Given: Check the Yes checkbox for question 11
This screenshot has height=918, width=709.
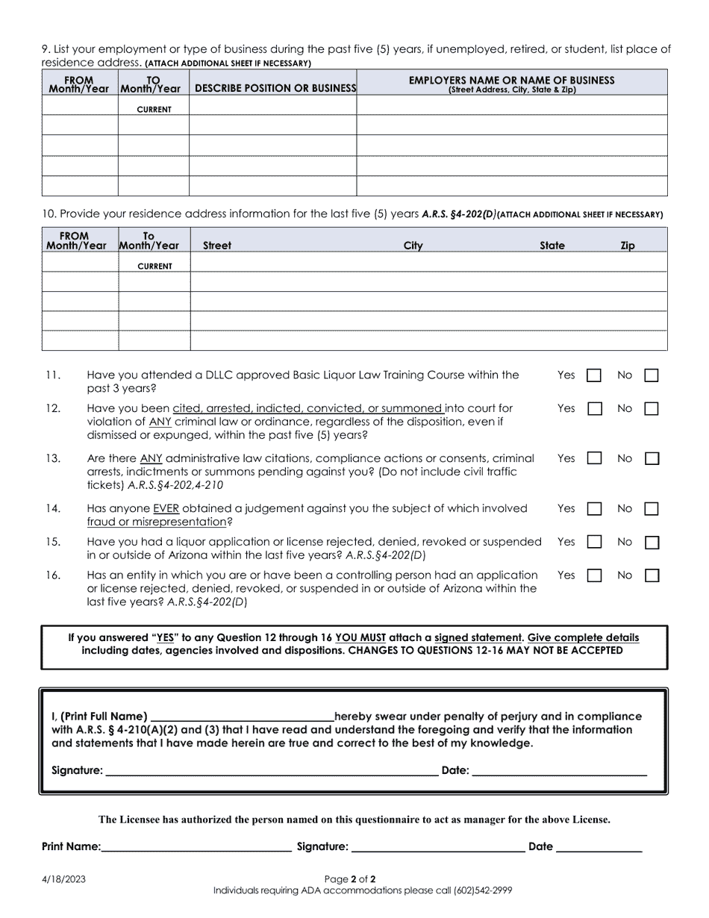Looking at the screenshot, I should [x=594, y=376].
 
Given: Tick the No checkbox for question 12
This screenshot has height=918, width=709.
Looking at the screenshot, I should [x=652, y=409].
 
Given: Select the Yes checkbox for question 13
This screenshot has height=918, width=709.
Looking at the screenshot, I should [x=594, y=459].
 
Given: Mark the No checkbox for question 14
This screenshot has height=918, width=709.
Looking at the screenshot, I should [x=652, y=509].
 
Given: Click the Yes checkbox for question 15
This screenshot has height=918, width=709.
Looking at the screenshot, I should [x=594, y=543].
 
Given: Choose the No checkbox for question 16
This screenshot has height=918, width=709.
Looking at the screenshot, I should [x=652, y=576].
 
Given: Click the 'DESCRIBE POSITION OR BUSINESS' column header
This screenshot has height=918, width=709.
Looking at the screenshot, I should [x=273, y=88].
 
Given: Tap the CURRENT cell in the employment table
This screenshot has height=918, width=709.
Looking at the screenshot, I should [x=154, y=110].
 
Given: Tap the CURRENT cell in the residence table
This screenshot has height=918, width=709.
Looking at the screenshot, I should [x=154, y=266].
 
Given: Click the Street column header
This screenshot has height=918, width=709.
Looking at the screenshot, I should [x=217, y=246].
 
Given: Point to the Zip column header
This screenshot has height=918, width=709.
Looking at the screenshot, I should [x=628, y=246].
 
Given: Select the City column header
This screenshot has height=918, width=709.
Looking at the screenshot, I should [x=413, y=246].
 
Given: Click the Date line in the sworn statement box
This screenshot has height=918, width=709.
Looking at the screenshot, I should [x=559, y=771].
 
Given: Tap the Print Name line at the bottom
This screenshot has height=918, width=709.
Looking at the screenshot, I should [x=196, y=847].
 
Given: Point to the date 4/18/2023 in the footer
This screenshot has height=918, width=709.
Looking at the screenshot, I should [x=63, y=879].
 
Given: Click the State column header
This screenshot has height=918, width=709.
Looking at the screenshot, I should [x=552, y=246].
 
